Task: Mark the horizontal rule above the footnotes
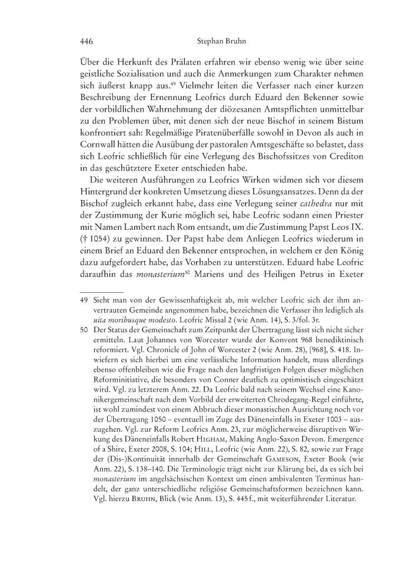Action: [x=101, y=291]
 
